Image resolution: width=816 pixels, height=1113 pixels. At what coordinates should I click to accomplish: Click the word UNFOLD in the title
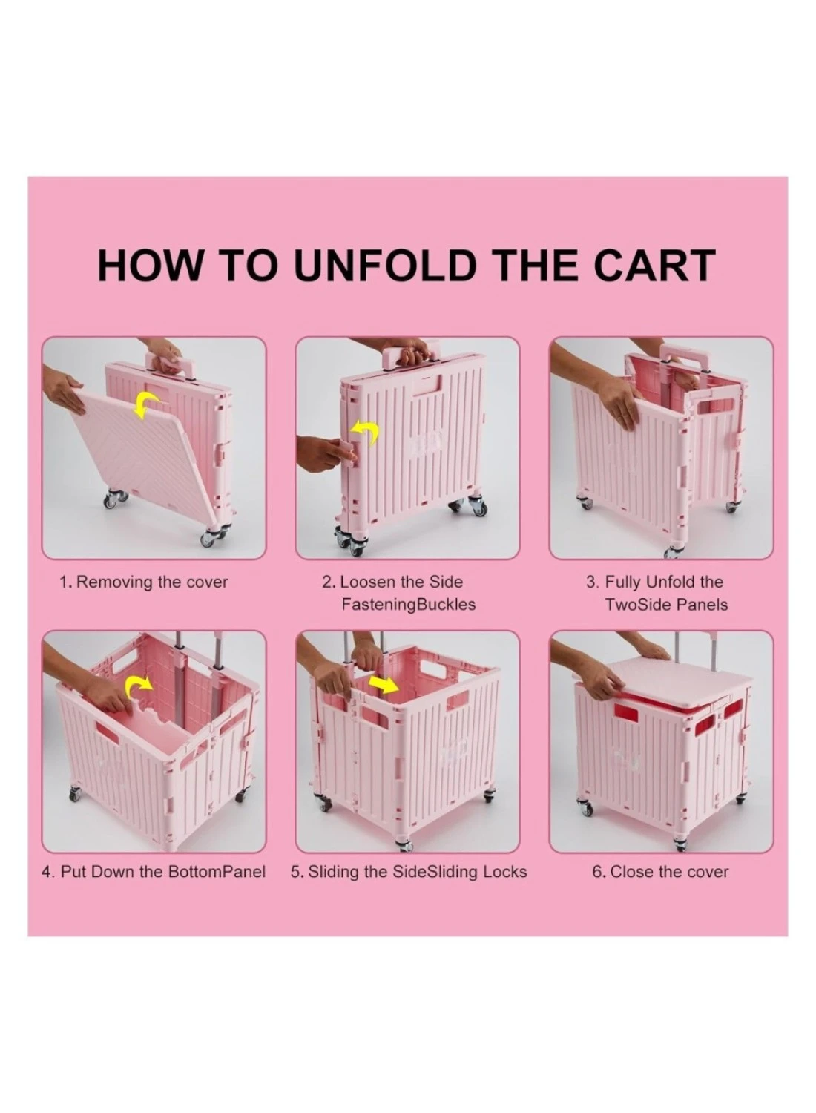385,266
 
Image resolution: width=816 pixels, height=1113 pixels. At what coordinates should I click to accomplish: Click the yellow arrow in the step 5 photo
384,684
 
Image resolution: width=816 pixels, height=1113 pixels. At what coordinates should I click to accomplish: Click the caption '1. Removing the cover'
143,582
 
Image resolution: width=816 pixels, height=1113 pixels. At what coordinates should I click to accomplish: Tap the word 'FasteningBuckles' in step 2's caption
408,605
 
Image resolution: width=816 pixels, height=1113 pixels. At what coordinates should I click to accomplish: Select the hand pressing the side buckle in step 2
326,453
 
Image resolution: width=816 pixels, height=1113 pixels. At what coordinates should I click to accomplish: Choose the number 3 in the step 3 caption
591,582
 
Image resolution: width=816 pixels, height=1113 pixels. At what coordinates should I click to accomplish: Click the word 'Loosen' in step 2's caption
365,582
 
